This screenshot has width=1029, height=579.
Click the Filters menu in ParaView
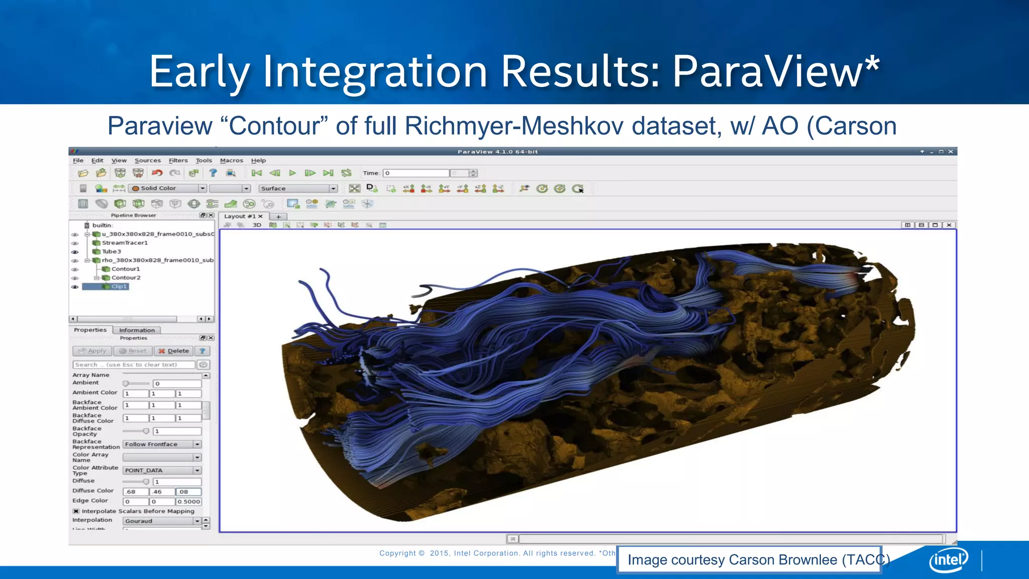click(x=178, y=160)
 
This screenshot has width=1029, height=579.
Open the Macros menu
click(x=231, y=160)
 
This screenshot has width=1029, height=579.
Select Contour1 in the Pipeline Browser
click(x=126, y=269)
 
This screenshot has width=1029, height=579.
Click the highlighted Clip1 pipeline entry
click(x=119, y=286)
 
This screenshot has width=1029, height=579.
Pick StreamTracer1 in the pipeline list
click(x=125, y=243)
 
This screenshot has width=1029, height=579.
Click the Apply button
click(x=92, y=351)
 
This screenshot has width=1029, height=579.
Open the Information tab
click(x=137, y=330)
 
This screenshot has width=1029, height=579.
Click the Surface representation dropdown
click(x=297, y=188)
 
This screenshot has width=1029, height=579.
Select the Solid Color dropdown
click(x=168, y=188)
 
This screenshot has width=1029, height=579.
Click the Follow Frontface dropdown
click(x=162, y=444)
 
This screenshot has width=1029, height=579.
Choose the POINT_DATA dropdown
click(x=162, y=470)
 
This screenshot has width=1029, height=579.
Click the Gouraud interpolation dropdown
click(x=162, y=521)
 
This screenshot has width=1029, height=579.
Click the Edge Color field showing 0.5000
click(x=189, y=502)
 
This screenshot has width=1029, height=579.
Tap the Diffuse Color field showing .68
click(x=136, y=492)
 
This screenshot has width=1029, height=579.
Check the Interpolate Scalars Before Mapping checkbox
click(x=76, y=511)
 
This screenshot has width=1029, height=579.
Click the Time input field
click(x=416, y=173)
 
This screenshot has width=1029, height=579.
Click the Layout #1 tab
click(x=240, y=216)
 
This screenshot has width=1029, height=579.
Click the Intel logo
click(x=948, y=560)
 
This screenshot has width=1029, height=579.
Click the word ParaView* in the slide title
click(x=776, y=72)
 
